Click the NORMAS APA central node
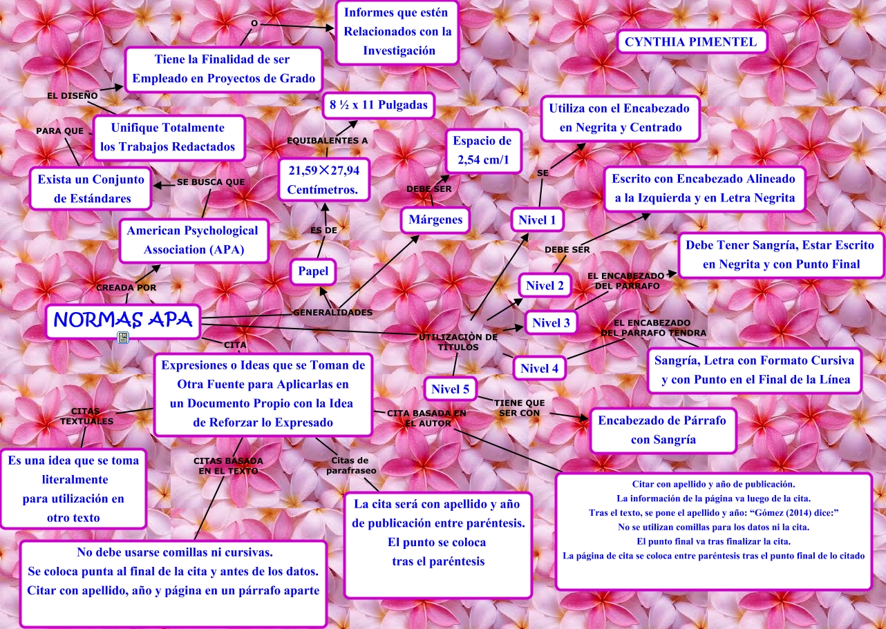(123, 321)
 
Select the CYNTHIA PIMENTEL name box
(690, 42)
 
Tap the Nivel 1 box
(537, 221)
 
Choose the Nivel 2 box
(545, 286)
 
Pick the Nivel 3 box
(551, 322)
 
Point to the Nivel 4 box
(539, 368)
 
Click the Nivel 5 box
(450, 389)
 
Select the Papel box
(313, 271)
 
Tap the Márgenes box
(435, 220)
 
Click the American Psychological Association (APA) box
(193, 240)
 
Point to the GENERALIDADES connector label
(332, 313)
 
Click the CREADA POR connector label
(126, 287)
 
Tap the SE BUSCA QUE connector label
(211, 182)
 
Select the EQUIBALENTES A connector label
(327, 141)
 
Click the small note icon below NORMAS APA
(123, 337)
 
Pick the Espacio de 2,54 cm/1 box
(482, 151)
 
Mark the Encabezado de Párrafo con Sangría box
(662, 429)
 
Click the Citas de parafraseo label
(351, 465)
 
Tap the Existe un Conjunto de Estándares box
(91, 189)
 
